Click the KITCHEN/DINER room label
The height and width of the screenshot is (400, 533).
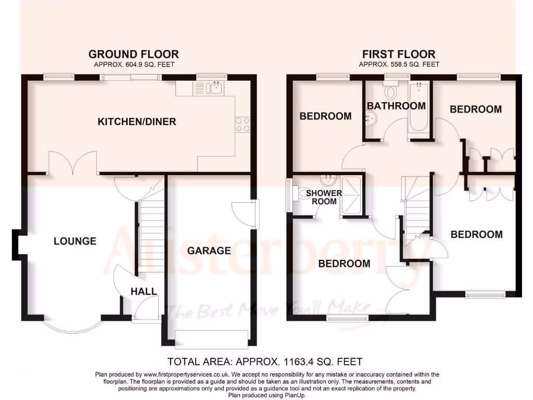tap(137, 122)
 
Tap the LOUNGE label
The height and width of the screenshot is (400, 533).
tap(75, 241)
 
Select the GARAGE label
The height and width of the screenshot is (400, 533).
tap(209, 251)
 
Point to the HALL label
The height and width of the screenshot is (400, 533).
tap(144, 291)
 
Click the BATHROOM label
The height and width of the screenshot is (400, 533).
tap(396, 106)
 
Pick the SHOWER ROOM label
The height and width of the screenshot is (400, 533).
tap(324, 197)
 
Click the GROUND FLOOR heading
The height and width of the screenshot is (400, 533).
tap(133, 54)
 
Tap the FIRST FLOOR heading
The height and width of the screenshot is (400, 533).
tap(399, 54)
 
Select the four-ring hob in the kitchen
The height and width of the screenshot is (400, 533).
tap(243, 124)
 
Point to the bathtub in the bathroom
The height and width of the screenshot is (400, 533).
tap(418, 108)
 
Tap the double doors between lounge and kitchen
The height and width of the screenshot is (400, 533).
tap(73, 164)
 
